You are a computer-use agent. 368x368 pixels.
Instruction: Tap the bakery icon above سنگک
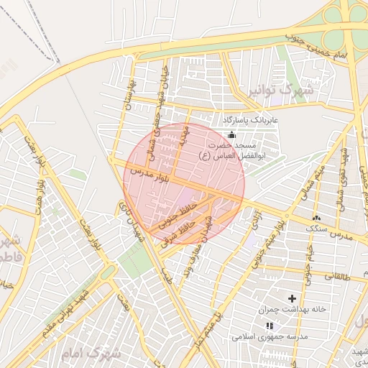[316, 217]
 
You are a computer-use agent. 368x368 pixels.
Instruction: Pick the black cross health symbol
[292, 298]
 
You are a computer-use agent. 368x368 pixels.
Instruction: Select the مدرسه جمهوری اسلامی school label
[270, 336]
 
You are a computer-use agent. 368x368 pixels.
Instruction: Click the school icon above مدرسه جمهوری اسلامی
[270, 326]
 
